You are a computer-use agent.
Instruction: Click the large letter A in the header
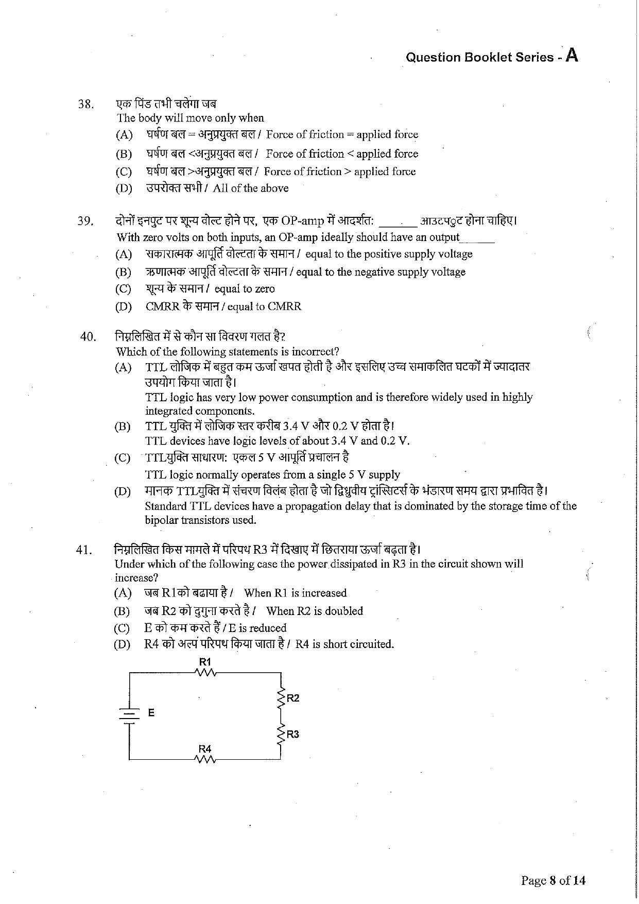(572, 55)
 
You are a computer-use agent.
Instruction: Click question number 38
(85, 105)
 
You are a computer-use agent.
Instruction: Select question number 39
(85, 221)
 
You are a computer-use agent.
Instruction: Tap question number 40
(88, 337)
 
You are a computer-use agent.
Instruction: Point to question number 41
(84, 550)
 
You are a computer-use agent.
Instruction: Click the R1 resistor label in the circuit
(205, 662)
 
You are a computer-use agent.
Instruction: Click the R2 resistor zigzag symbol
(281, 698)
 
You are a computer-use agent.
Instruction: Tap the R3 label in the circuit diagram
(292, 734)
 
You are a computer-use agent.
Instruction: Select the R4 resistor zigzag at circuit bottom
(205, 759)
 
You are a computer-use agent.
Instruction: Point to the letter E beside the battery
(151, 713)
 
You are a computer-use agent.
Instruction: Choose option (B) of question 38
(124, 154)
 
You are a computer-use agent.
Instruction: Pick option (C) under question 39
(124, 289)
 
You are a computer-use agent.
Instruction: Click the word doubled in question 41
(344, 611)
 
